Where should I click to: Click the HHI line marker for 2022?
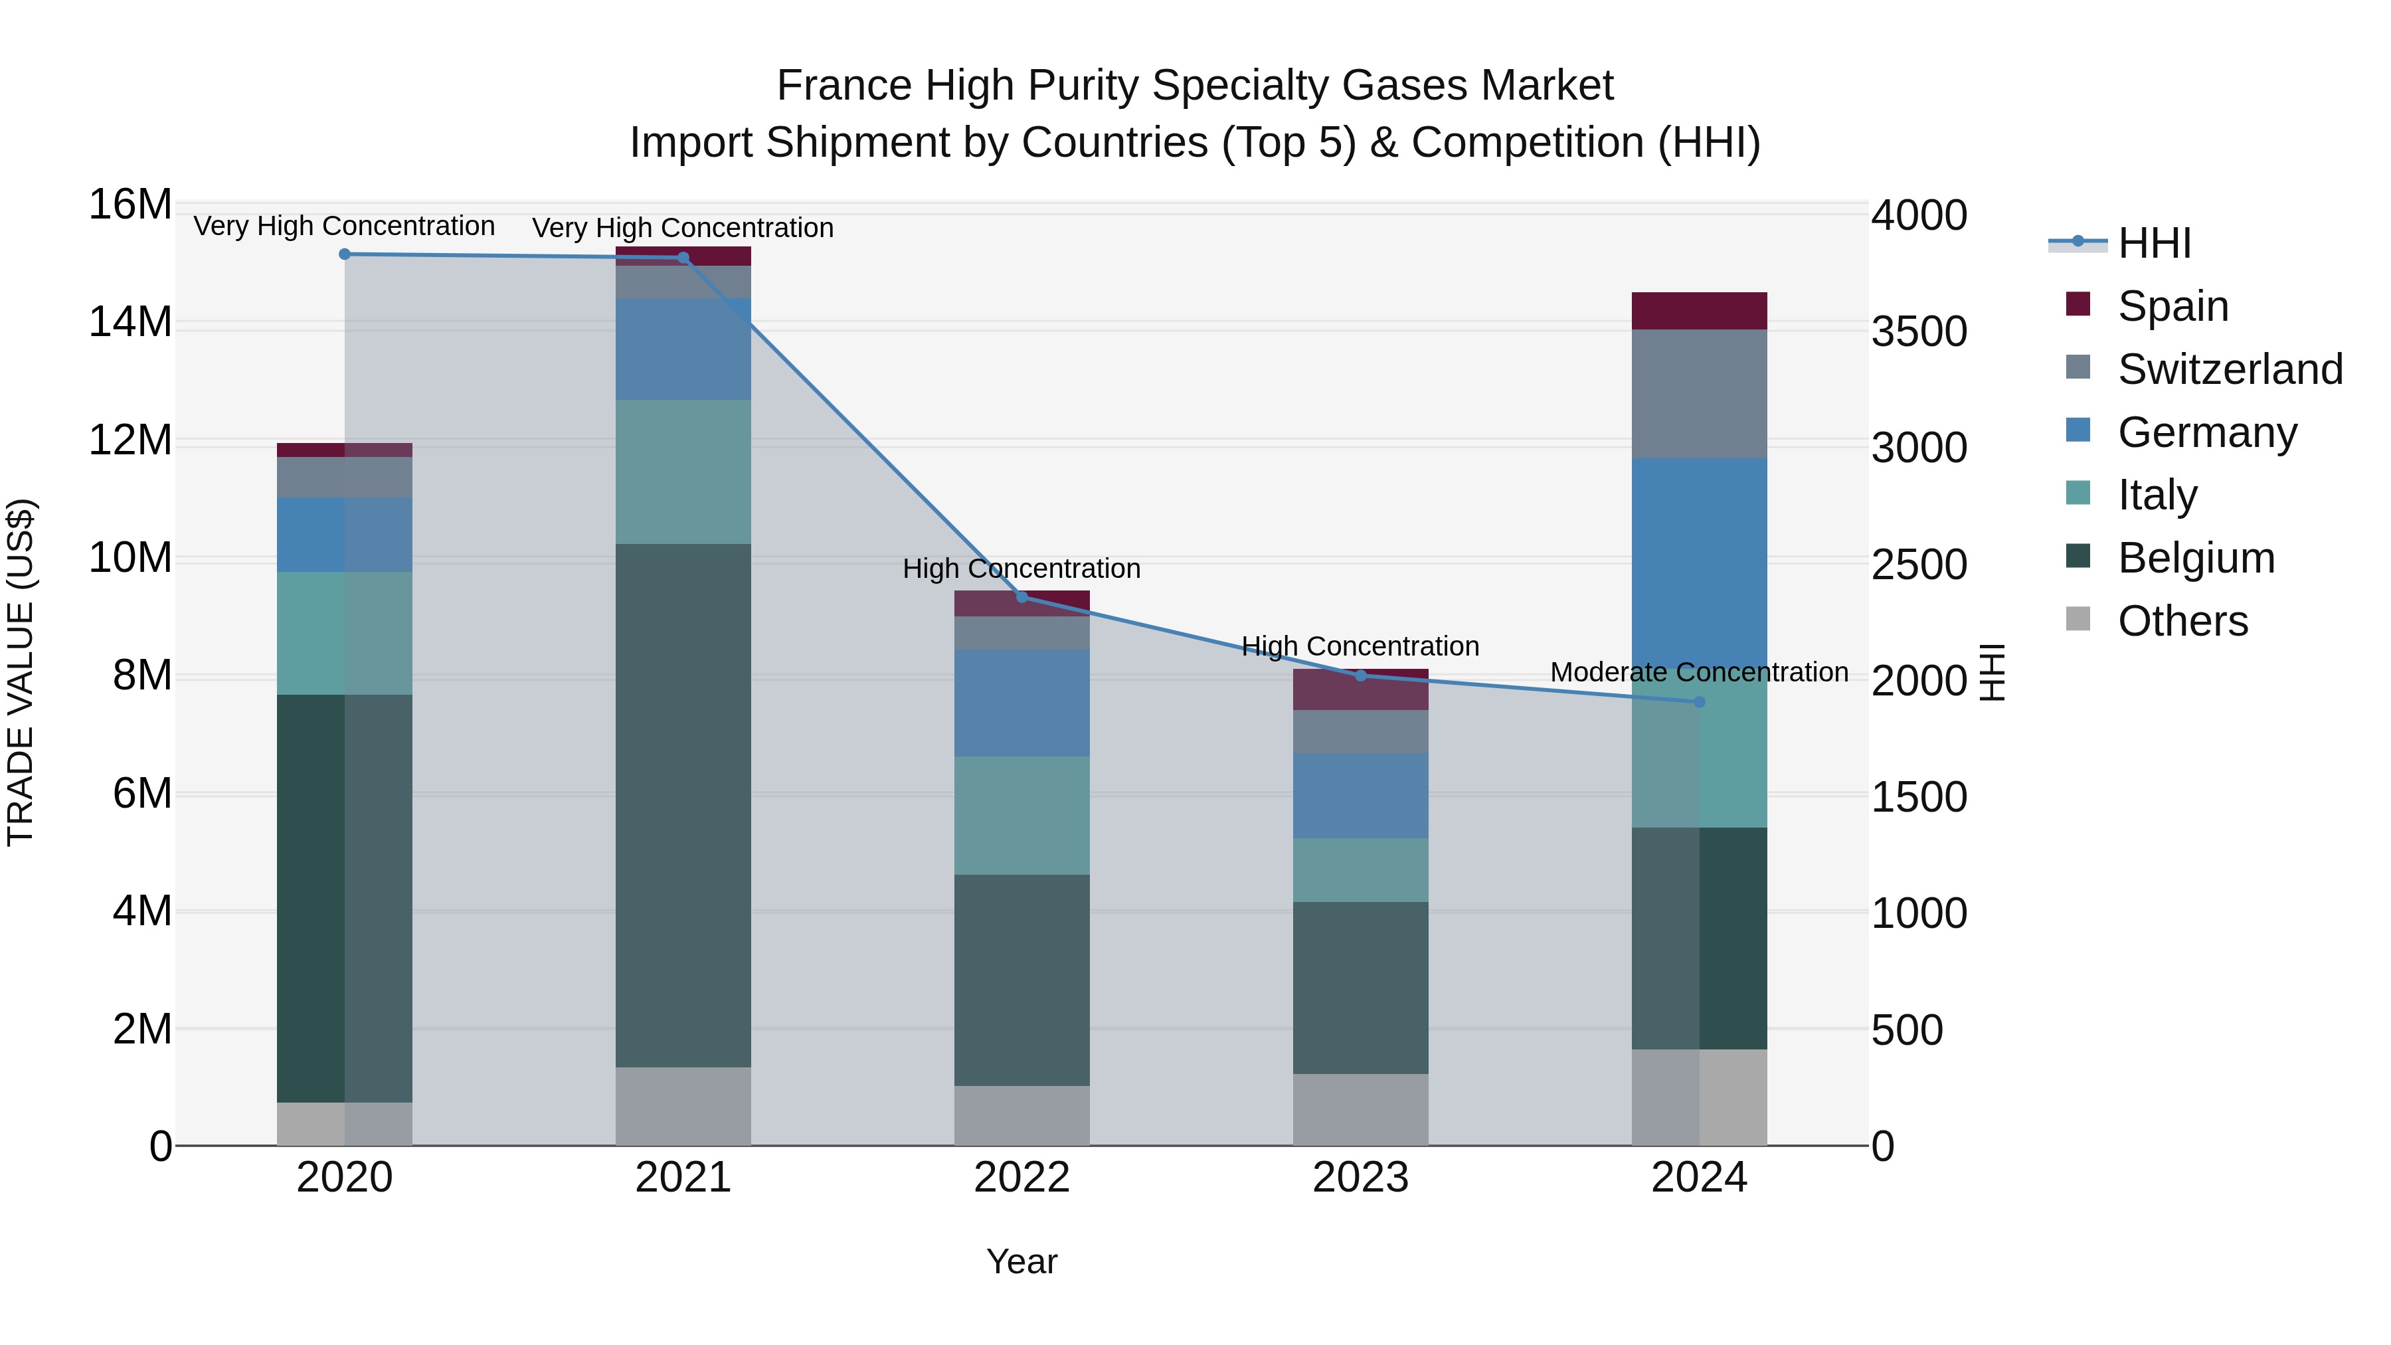pos(1022,597)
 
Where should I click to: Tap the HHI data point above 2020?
pos(344,254)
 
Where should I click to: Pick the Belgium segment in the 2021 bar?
pos(683,805)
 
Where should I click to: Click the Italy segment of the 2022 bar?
pos(1022,815)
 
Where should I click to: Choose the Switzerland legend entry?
pos(2230,369)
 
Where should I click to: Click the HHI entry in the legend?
pos(2153,243)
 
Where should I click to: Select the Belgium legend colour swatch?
pos(2078,557)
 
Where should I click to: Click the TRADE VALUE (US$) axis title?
pos(21,672)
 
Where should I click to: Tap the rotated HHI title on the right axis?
pos(1992,672)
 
